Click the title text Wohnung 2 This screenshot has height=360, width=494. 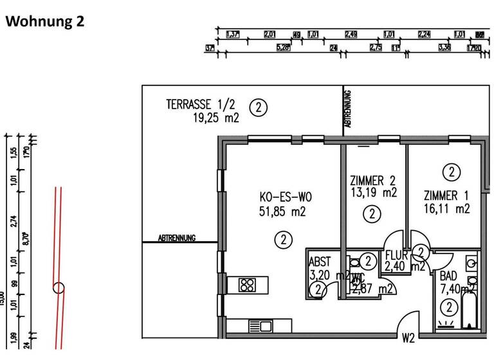(x=45, y=21)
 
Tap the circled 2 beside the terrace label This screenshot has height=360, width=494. (x=258, y=107)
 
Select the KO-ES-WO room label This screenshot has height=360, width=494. (x=278, y=197)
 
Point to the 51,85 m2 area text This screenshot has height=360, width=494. (x=278, y=211)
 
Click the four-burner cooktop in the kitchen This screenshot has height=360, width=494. (x=248, y=284)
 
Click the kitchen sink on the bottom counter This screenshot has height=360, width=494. (x=261, y=326)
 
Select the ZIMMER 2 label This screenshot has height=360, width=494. (x=373, y=181)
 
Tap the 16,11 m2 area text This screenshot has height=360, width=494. (x=446, y=209)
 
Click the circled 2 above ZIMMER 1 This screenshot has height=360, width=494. (x=452, y=172)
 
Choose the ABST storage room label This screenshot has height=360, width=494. (x=320, y=262)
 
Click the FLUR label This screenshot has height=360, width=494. (x=397, y=255)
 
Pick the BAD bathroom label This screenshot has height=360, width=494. (x=449, y=276)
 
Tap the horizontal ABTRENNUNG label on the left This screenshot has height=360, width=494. (x=177, y=239)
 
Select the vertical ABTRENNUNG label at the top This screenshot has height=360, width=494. (x=348, y=111)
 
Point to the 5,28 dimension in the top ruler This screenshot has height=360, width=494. (x=282, y=48)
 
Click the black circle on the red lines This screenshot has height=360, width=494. (x=59, y=287)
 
